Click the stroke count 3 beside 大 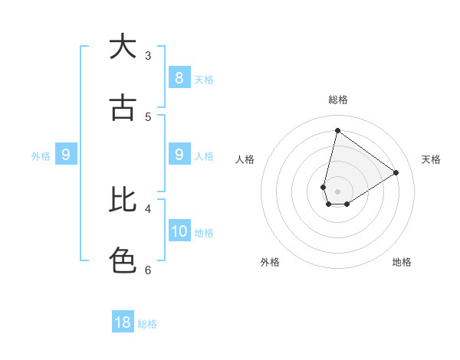148,55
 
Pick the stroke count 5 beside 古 148,116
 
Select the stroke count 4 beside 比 148,208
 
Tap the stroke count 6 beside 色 148,270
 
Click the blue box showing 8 179,77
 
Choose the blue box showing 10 179,231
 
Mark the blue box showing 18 123,322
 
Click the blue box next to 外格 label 66,155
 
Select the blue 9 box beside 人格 179,155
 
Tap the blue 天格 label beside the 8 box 204,79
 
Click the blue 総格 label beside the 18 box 147,324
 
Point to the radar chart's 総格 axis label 337,100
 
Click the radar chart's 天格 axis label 431,159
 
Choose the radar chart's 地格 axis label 402,262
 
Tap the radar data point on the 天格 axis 396,172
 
